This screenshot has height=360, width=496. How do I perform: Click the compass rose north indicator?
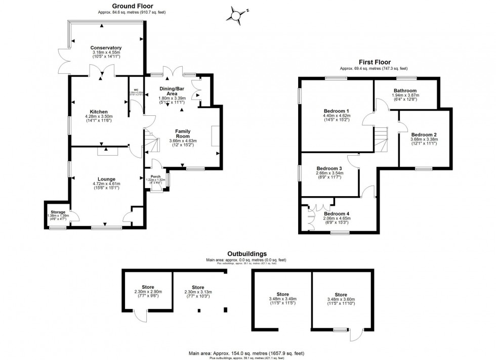[x=236, y=14]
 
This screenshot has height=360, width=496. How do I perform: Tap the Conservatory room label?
[x=107, y=48]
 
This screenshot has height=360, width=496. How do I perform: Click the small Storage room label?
[x=56, y=211]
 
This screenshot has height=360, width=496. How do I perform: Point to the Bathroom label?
[x=405, y=91]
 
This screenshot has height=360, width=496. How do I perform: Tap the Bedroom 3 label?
[x=329, y=168]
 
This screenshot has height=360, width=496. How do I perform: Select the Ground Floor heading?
[x=118, y=6]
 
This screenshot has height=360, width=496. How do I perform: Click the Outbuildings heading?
[x=247, y=254]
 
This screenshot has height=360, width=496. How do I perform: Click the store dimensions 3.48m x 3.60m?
[x=341, y=300]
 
